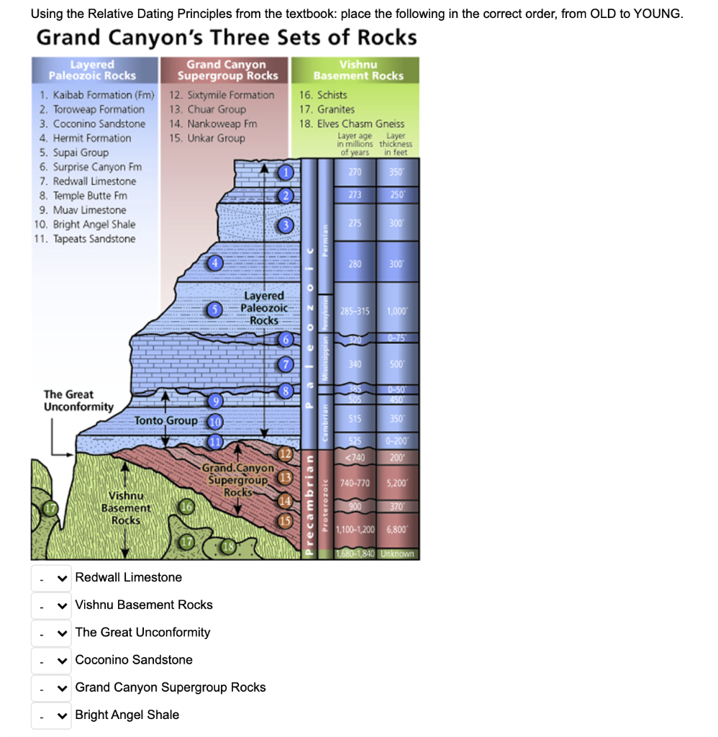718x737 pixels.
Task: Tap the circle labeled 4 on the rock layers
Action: [x=214, y=263]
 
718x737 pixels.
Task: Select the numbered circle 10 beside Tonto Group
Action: [x=214, y=422]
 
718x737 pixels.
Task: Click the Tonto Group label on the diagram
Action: [x=166, y=420]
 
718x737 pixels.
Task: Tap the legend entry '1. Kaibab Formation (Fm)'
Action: [x=97, y=95]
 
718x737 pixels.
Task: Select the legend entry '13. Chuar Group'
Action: [x=207, y=109]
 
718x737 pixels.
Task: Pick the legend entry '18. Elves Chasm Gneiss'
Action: [x=351, y=124]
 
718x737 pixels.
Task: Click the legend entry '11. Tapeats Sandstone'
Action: [x=84, y=239]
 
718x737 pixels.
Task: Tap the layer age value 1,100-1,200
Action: [x=355, y=529]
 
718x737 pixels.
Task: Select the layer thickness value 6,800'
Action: [x=396, y=529]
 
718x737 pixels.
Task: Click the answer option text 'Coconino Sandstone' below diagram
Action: [x=134, y=660]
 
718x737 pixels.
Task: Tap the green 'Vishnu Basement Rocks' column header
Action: [x=358, y=70]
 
